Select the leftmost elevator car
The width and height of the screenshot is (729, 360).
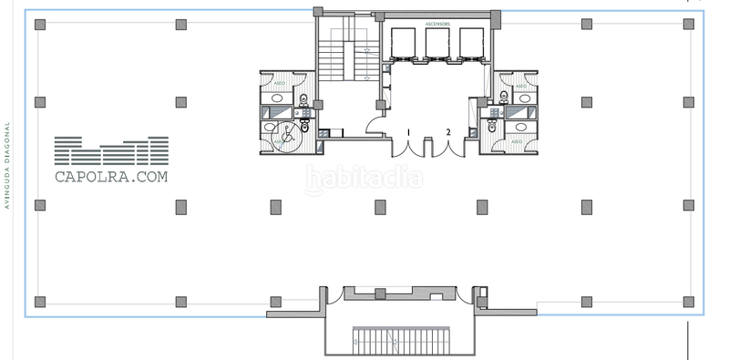402,44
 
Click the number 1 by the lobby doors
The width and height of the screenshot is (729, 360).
408,133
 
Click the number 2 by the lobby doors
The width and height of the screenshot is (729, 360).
448,133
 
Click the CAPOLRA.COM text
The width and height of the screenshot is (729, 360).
111,179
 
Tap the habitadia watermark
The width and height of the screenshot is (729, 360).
364,180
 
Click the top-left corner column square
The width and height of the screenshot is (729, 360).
39,26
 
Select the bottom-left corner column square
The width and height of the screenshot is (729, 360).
39,302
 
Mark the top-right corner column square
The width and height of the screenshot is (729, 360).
688,26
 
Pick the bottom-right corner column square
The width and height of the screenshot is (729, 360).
688,302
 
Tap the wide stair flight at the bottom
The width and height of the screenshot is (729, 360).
400,341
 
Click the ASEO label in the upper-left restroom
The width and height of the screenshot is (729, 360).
278,85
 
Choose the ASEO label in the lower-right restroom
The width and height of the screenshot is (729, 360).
518,142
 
